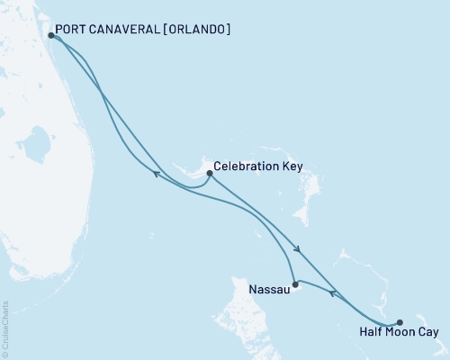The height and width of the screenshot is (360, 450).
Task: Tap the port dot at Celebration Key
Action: click(209, 172)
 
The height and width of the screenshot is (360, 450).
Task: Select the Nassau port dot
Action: click(295, 284)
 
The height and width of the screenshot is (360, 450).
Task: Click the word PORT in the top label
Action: click(71, 29)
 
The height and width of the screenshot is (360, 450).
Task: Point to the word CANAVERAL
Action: click(127, 29)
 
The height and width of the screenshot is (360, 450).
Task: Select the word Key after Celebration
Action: click(290, 167)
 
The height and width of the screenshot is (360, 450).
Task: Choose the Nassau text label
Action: click(266, 292)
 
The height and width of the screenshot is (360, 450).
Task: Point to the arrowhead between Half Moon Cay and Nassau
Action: click(332, 292)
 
